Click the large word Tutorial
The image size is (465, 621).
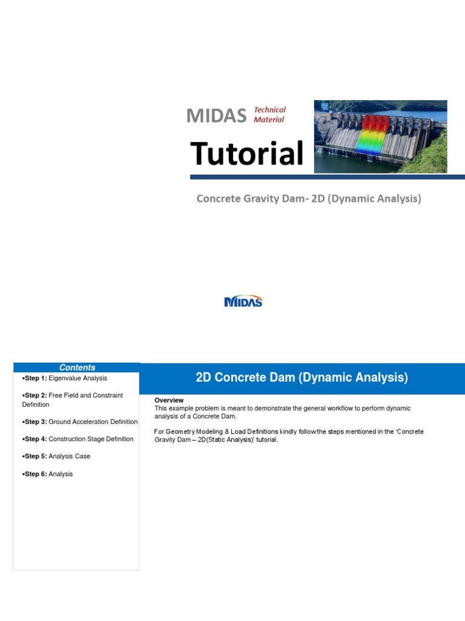[246, 153]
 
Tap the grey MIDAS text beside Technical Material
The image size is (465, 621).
[216, 115]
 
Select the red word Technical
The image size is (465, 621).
[269, 110]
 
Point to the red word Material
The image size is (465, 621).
[269, 119]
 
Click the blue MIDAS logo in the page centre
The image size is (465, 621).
[243, 301]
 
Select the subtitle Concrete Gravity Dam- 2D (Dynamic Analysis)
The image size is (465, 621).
[308, 198]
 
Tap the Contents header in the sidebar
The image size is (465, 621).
[77, 368]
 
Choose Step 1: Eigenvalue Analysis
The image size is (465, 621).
[65, 378]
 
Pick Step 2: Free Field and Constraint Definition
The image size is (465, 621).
[72, 400]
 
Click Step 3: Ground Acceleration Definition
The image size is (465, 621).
[80, 421]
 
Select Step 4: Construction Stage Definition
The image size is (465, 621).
[77, 439]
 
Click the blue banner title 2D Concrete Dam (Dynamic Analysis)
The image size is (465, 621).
[302, 378]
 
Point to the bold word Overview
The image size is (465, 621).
[169, 400]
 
